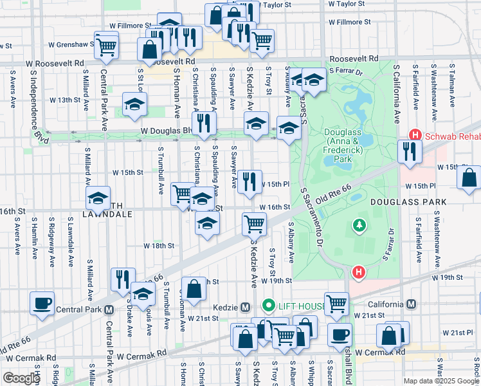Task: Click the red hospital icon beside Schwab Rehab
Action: click(x=415, y=135)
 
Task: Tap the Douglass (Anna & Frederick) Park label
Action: click(x=345, y=140)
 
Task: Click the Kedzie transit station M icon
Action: click(x=244, y=305)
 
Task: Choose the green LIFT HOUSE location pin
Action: click(x=268, y=305)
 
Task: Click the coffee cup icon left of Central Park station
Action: click(x=42, y=302)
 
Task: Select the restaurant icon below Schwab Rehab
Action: click(x=409, y=151)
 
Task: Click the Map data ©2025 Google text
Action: click(x=440, y=381)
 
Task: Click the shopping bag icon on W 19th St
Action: click(x=193, y=288)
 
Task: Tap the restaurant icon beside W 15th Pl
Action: click(x=250, y=181)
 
